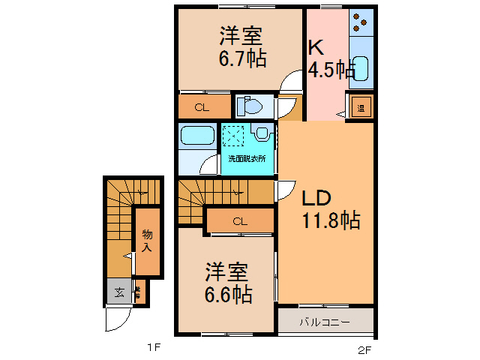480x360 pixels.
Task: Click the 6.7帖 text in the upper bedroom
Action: pos(241,59)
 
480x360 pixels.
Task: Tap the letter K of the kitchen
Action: pos(316,46)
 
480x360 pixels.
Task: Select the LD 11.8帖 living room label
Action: pos(330,209)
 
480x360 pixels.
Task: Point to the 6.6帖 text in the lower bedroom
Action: pos(227,293)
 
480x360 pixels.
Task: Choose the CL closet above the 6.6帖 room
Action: pos(239,221)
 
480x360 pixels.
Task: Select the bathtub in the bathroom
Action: pos(198,138)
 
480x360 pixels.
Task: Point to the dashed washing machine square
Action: pos(233,136)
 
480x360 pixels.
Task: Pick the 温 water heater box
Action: pos(360,107)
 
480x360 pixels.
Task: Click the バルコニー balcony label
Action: pos(325,322)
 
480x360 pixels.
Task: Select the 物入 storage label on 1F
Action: pos(148,241)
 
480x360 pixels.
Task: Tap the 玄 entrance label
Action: pos(119,292)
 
